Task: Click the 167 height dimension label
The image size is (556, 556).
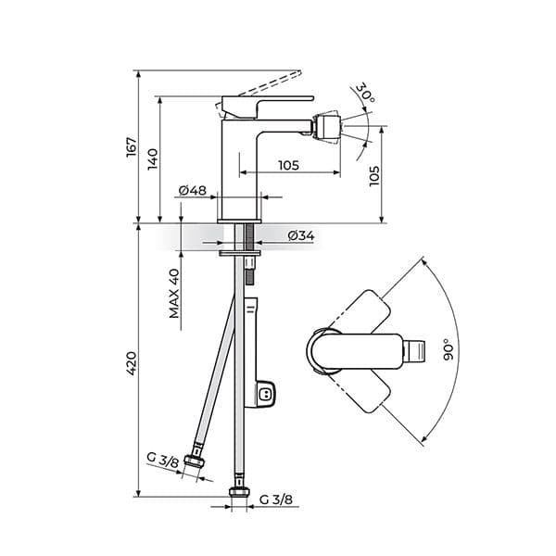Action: [132, 146]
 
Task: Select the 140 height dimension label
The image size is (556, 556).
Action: [153, 159]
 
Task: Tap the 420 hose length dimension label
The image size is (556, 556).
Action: [132, 363]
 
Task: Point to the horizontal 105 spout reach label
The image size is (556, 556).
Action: [288, 165]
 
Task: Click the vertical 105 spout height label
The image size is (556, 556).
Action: [374, 176]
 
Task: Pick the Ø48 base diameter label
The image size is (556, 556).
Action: [193, 190]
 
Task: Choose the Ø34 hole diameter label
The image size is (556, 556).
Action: [301, 235]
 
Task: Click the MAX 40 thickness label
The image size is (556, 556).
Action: [174, 294]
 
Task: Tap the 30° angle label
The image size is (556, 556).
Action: [365, 93]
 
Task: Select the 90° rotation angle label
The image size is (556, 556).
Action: [449, 349]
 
